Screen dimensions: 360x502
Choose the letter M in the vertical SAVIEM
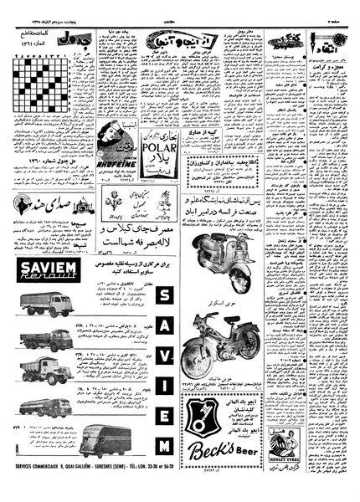click(164, 467)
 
